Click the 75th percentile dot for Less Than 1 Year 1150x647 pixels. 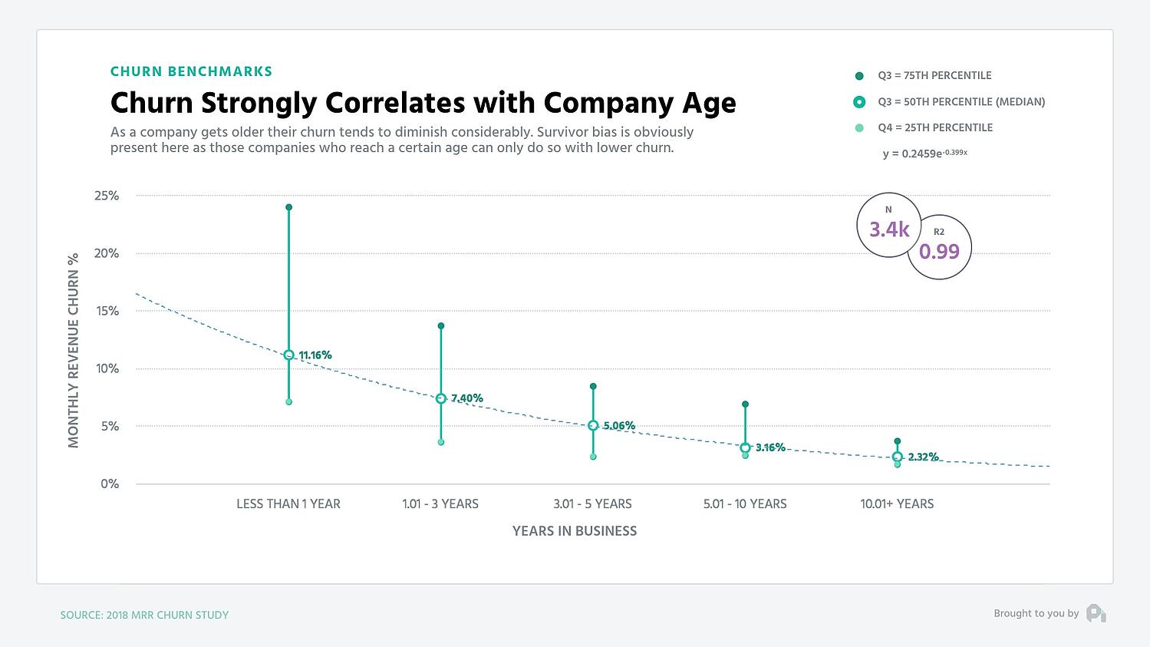click(x=288, y=207)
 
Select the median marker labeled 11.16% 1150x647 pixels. click(x=288, y=355)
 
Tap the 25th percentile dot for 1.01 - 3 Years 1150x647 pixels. click(x=441, y=442)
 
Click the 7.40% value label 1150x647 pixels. click(x=467, y=398)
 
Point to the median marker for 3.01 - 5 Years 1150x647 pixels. click(x=593, y=425)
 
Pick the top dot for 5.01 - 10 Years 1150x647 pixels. click(x=745, y=404)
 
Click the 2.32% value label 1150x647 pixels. click(x=923, y=457)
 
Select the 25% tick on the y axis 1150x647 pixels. click(x=107, y=196)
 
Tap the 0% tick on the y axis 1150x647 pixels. click(x=110, y=484)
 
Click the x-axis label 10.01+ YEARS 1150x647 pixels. click(x=897, y=504)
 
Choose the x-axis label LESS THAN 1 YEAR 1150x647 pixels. click(x=288, y=504)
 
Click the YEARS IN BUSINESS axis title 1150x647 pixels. click(x=575, y=531)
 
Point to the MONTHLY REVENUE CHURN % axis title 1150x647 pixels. click(x=74, y=350)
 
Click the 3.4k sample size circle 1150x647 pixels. click(x=889, y=225)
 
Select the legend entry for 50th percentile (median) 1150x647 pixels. click(x=961, y=101)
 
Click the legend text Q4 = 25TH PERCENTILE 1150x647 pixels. click(x=934, y=127)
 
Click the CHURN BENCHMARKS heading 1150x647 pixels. click(x=191, y=71)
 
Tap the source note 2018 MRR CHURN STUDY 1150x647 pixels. click(x=144, y=615)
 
